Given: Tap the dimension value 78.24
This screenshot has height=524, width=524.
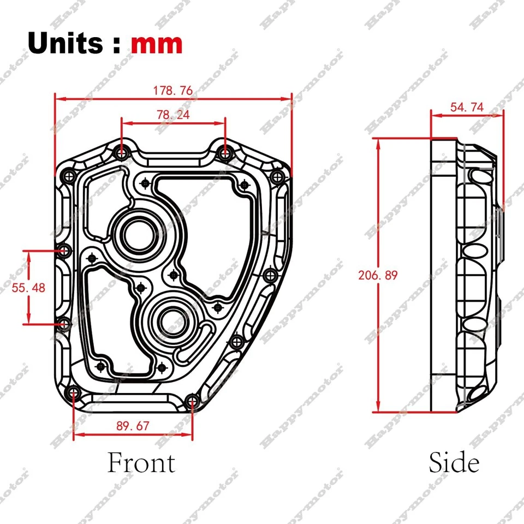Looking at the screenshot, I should tap(173, 115).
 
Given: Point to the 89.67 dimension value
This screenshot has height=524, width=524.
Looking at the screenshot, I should tap(133, 426).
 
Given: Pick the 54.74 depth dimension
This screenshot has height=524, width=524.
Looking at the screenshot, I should tap(467, 107).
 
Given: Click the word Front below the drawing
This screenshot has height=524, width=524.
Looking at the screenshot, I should tap(141, 463).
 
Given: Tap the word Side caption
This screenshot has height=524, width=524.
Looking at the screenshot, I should tap(454, 463).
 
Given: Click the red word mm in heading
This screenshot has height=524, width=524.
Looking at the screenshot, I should tap(157, 44).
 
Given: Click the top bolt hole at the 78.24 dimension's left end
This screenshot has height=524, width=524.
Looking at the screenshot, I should tap(121, 153).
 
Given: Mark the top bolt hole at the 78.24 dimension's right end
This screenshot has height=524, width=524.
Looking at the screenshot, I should tap(224, 153).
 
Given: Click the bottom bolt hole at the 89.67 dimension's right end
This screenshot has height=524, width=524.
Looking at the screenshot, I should tap(192, 403).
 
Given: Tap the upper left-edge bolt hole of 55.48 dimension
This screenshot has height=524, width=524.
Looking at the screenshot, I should tap(65, 251).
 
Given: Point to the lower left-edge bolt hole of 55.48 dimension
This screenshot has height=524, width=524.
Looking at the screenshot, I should tap(65, 324).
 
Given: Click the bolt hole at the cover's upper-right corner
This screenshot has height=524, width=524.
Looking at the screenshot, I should tap(277, 176).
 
